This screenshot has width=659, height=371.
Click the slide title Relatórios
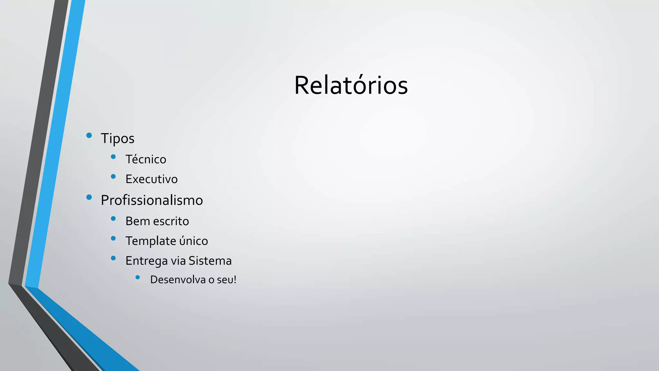[x=351, y=86]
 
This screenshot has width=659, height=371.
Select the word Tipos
[x=117, y=138]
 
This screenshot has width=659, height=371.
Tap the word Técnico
[x=146, y=159]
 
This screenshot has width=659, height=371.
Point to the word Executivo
[x=151, y=179]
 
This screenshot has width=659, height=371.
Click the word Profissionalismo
[x=152, y=200]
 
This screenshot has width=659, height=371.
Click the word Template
[x=151, y=241]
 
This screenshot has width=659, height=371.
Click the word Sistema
[x=210, y=261]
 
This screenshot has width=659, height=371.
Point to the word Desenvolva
[x=178, y=280]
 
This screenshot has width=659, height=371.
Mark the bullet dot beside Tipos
[x=89, y=136]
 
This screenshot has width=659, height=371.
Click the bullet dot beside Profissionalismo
[x=89, y=197]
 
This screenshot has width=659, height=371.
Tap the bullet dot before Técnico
[x=113, y=157]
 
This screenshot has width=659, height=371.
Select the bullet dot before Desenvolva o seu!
[x=138, y=277]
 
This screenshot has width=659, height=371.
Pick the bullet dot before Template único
[x=113, y=238]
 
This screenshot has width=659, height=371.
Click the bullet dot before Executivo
[x=113, y=176]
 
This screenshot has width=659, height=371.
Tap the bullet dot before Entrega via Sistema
[x=113, y=258]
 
